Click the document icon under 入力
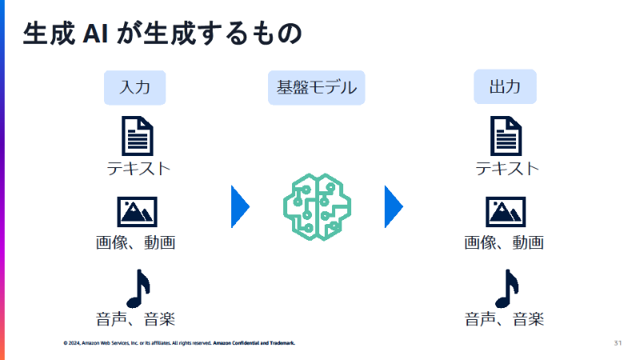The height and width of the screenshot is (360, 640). pyautogui.click(x=137, y=136)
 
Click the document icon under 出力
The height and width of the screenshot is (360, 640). pyautogui.click(x=505, y=136)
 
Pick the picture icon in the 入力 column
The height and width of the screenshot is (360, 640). pyautogui.click(x=137, y=212)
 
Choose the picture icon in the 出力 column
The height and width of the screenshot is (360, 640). pyautogui.click(x=505, y=212)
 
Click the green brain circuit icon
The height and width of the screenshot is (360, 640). pyautogui.click(x=317, y=206)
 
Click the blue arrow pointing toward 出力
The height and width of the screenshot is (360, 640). pyautogui.click(x=393, y=206)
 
